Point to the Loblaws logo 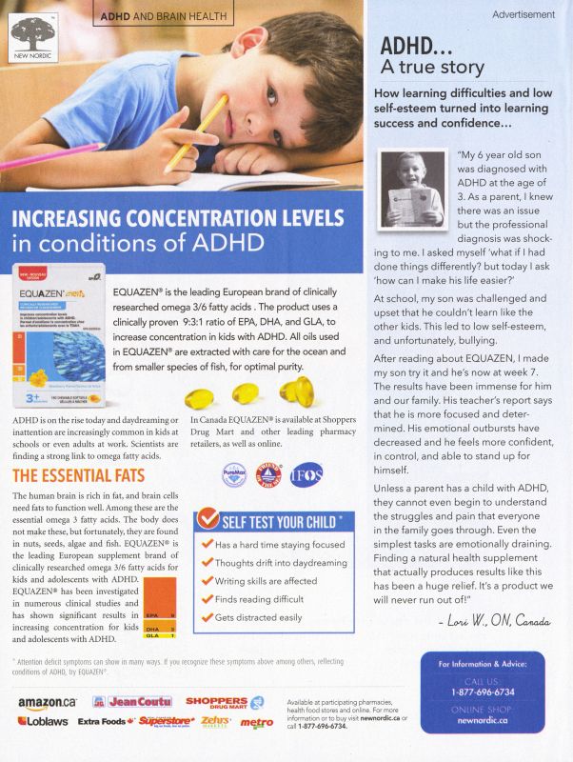[40, 722]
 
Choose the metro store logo [256, 723]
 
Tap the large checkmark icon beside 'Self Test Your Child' [208, 520]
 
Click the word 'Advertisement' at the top [524, 14]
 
